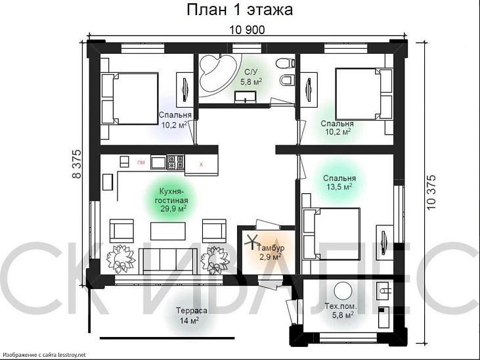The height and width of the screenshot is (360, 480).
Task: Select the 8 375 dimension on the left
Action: coord(77,164)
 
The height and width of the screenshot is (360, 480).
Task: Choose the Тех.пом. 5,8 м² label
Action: coord(339,309)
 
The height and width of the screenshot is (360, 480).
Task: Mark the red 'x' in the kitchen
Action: coord(201,164)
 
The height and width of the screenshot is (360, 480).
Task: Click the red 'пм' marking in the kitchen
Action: coord(141,162)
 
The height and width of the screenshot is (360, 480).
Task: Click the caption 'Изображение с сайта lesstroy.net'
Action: coord(44,355)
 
